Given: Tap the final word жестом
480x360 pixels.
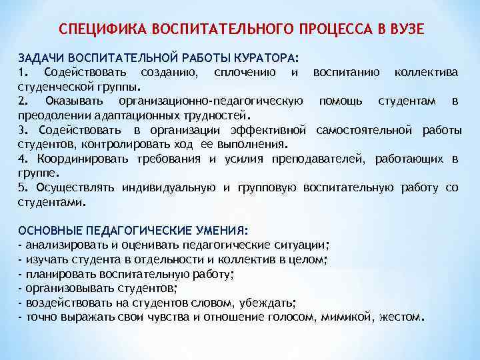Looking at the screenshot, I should click(x=399, y=317).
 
